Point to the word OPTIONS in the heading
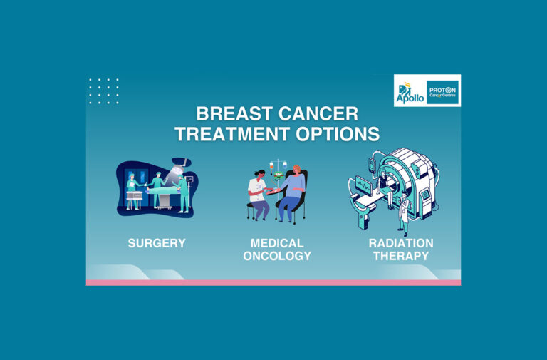340,134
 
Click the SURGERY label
157,243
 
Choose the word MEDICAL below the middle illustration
277,243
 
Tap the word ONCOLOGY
277,256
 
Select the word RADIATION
400,243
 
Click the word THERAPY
400,256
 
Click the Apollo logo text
410,95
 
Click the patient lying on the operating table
162,190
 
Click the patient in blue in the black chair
292,191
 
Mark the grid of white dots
104,91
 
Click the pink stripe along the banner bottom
273,282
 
